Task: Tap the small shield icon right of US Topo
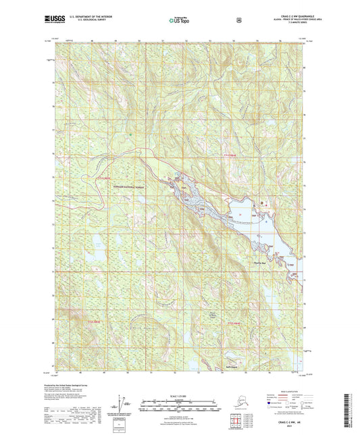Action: (x=238, y=20)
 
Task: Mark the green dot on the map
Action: (x=131, y=133)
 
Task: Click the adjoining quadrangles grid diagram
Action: (x=270, y=405)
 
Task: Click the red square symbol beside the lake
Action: (x=263, y=201)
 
